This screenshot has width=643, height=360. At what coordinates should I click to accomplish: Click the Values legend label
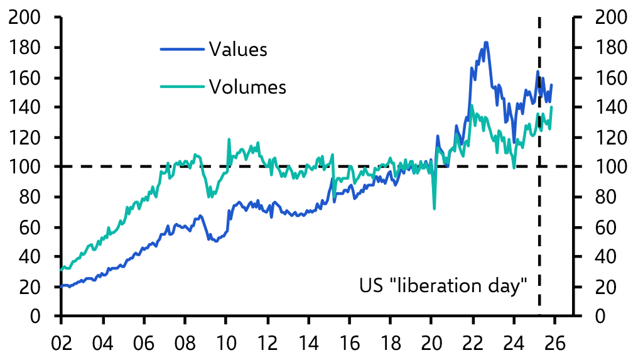(x=238, y=50)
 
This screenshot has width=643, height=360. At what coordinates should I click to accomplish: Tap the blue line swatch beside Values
(x=183, y=50)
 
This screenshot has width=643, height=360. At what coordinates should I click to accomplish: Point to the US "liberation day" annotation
(x=443, y=286)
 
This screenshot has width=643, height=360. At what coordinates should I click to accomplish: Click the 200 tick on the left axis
(x=25, y=18)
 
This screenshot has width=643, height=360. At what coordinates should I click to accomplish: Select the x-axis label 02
(x=62, y=343)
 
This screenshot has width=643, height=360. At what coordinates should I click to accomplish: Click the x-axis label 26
(x=556, y=343)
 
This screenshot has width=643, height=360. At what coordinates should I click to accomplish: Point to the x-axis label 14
(x=309, y=343)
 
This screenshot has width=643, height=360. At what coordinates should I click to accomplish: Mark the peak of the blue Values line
(x=486, y=43)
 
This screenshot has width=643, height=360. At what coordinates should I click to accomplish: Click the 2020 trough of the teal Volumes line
(x=434, y=208)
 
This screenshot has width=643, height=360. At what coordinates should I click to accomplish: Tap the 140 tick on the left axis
(x=25, y=107)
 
